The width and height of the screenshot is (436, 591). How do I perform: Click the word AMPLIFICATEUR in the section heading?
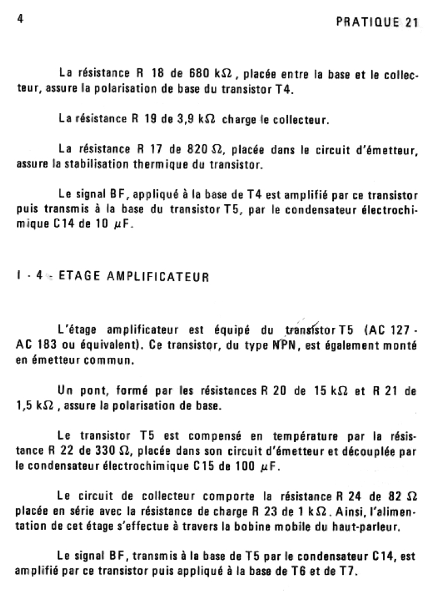[158, 276]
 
